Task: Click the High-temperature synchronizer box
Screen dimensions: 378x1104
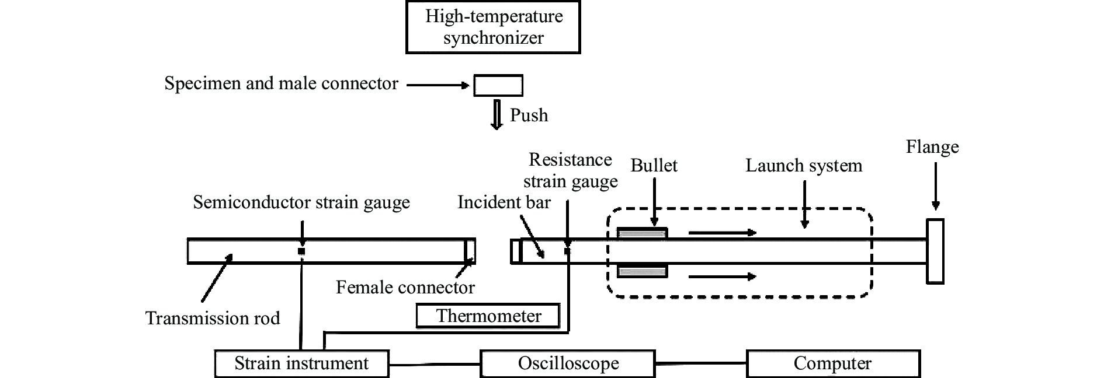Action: (493, 27)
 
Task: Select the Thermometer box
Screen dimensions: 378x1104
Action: (488, 316)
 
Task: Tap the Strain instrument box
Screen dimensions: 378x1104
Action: (301, 363)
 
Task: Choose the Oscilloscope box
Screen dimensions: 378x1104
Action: (568, 363)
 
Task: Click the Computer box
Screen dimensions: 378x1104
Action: (833, 363)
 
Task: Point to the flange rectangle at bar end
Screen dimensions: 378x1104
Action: (935, 251)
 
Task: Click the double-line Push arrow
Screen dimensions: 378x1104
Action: (497, 115)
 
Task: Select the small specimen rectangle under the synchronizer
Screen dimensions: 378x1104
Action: (498, 85)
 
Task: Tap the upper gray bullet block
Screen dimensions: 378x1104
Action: (642, 233)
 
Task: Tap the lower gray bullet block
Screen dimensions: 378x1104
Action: (642, 271)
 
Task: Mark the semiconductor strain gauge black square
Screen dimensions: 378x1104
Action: (301, 251)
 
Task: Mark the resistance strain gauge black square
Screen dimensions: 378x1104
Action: (567, 251)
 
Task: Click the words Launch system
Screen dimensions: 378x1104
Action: (804, 166)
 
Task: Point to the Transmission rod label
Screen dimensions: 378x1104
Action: (213, 318)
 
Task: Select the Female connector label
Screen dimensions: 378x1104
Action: (405, 287)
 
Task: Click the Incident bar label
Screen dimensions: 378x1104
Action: (504, 202)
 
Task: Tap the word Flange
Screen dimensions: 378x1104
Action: (932, 146)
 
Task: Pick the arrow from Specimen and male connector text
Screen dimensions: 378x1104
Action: (438, 85)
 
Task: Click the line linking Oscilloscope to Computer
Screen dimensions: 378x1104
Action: (701, 364)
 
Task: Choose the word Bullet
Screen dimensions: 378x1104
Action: (654, 166)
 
